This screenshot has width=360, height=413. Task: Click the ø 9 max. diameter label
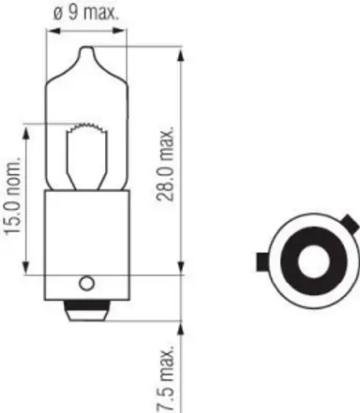point(88,14)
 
